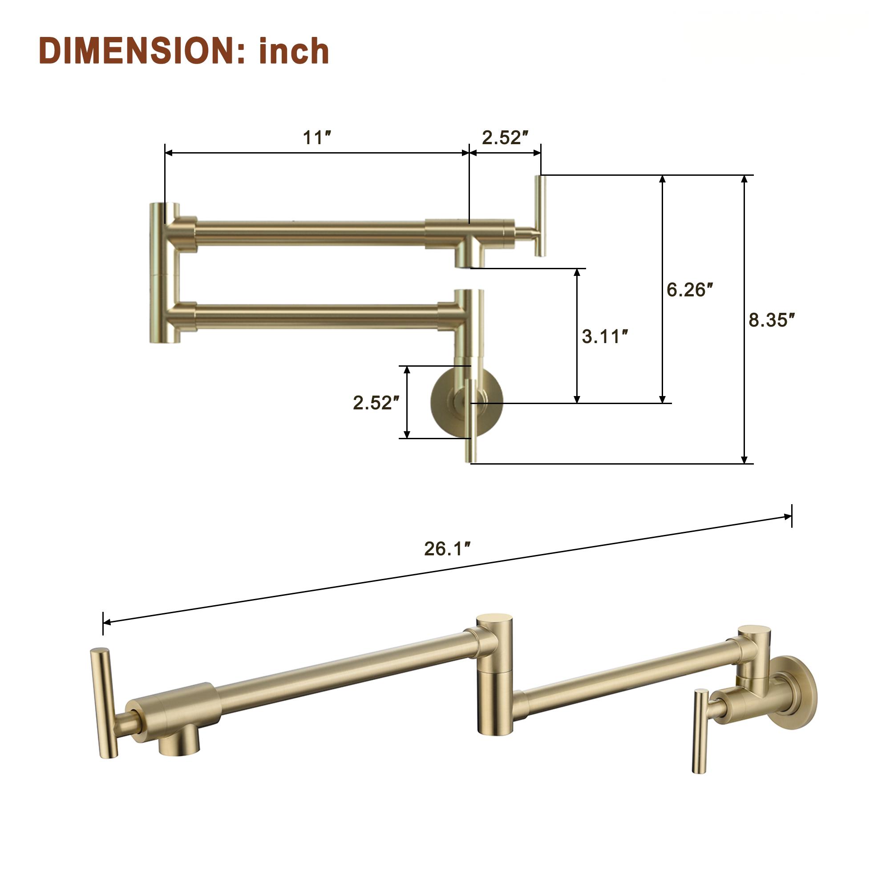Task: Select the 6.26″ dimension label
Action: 690,290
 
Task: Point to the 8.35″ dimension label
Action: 772,320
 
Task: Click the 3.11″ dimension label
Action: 605,336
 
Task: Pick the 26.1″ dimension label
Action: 447,549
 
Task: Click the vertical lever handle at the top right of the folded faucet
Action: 540,215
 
